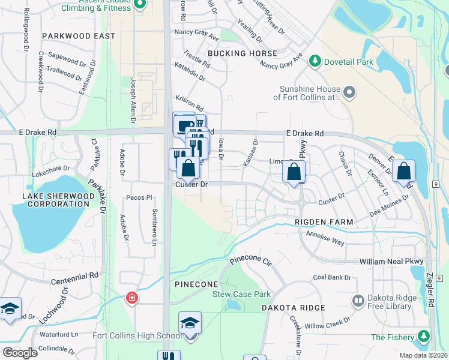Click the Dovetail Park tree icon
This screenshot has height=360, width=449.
[x=314, y=61]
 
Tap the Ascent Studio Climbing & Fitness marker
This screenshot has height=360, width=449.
[x=140, y=4]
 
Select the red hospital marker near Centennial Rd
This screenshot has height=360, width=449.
[x=131, y=298]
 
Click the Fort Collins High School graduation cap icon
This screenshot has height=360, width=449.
[x=190, y=324]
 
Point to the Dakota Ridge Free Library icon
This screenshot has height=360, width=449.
[x=358, y=300]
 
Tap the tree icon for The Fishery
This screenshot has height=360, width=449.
[x=425, y=337]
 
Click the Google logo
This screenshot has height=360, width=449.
[x=20, y=352]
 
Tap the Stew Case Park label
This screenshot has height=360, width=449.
[x=241, y=294]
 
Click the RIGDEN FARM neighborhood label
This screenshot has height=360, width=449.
[x=324, y=222]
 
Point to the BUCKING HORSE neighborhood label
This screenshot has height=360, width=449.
[x=243, y=53]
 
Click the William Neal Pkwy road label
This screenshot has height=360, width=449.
[x=391, y=262]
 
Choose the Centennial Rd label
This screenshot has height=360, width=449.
[x=74, y=275]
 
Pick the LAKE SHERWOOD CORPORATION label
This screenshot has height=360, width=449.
[x=58, y=200]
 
